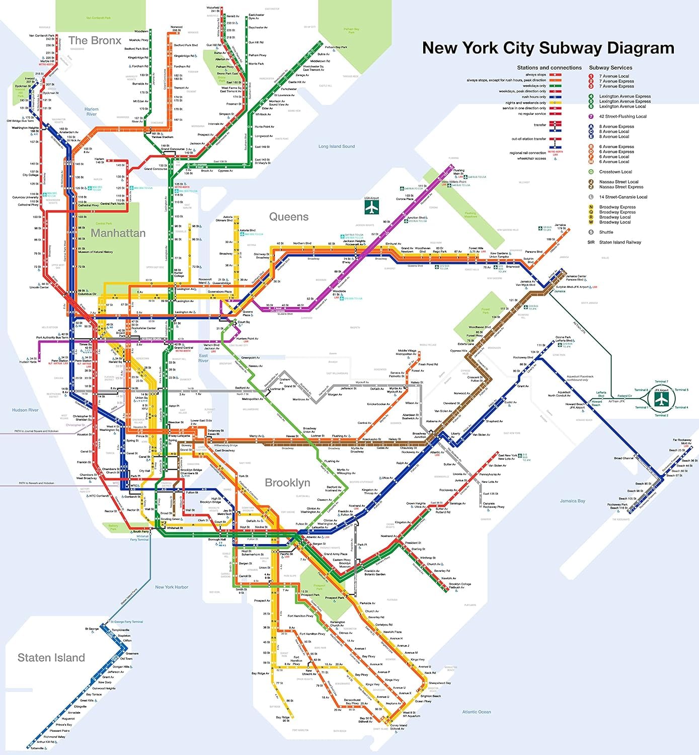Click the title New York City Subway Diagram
pyautogui.click(x=548, y=48)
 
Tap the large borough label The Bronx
pyautogui.click(x=95, y=41)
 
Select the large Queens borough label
pyautogui.click(x=288, y=217)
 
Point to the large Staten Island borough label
pyautogui.click(x=51, y=658)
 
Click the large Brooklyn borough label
pyautogui.click(x=287, y=483)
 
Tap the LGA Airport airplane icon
pyautogui.click(x=371, y=207)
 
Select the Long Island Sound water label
pyautogui.click(x=336, y=146)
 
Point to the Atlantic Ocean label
pyautogui.click(x=476, y=712)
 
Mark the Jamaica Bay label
pyautogui.click(x=572, y=501)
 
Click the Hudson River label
pyautogui.click(x=25, y=410)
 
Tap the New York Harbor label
pyautogui.click(x=171, y=587)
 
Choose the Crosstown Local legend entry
pyautogui.click(x=615, y=172)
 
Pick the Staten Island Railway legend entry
pyautogui.click(x=619, y=242)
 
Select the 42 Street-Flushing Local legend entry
pyautogui.click(x=622, y=116)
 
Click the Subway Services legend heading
pyautogui.click(x=610, y=67)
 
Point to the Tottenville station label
pyautogui.click(x=37, y=748)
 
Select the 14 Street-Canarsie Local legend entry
pyautogui.click(x=623, y=197)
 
